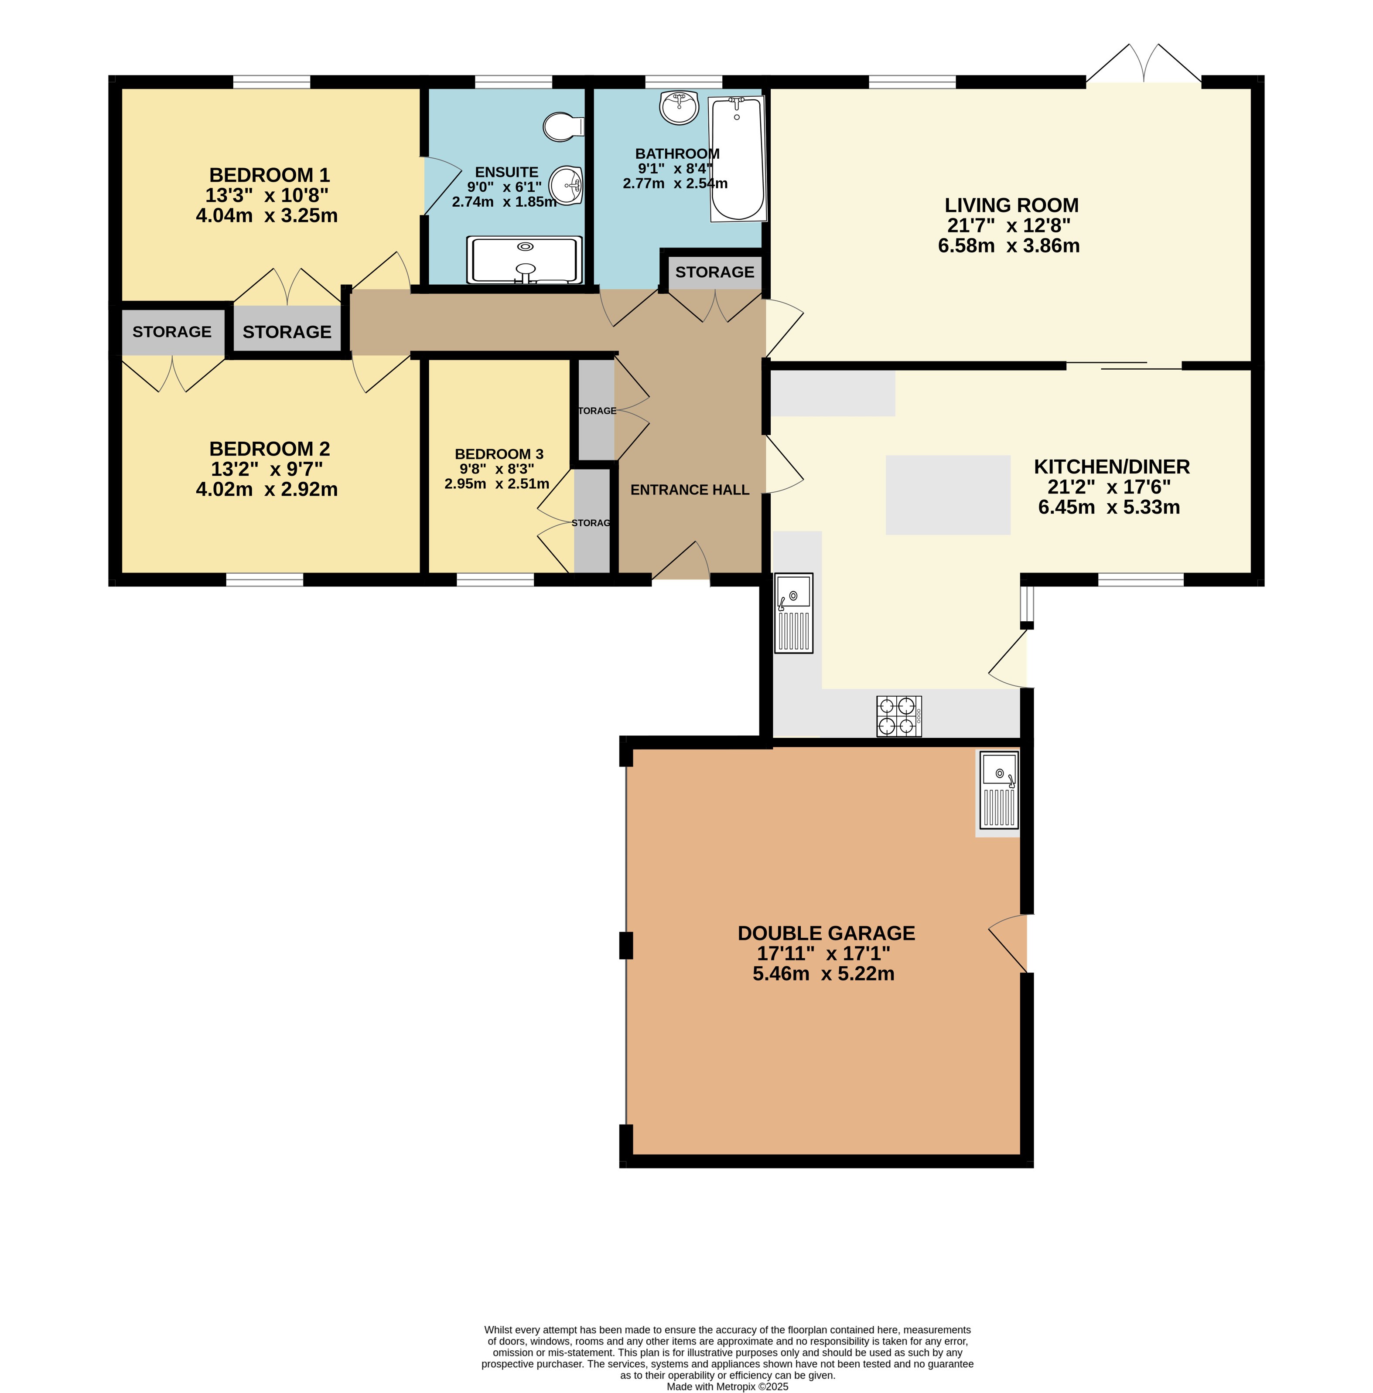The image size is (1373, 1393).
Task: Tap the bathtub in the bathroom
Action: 738,159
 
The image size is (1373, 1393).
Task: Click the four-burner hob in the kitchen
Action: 899,716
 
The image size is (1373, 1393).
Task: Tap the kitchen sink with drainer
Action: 794,613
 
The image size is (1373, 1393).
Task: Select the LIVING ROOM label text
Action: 1012,205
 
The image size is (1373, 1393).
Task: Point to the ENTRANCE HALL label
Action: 690,490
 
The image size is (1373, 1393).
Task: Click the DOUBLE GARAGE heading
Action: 827,933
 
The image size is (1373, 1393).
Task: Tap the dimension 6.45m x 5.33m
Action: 1109,507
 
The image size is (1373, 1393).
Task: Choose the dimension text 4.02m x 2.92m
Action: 267,489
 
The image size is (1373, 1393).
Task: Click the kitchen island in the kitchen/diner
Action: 948,494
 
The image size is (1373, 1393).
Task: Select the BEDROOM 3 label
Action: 499,454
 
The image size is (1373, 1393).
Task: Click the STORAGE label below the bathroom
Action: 714,272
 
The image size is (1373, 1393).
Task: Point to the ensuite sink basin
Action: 566,186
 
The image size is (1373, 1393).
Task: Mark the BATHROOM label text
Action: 677,153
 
